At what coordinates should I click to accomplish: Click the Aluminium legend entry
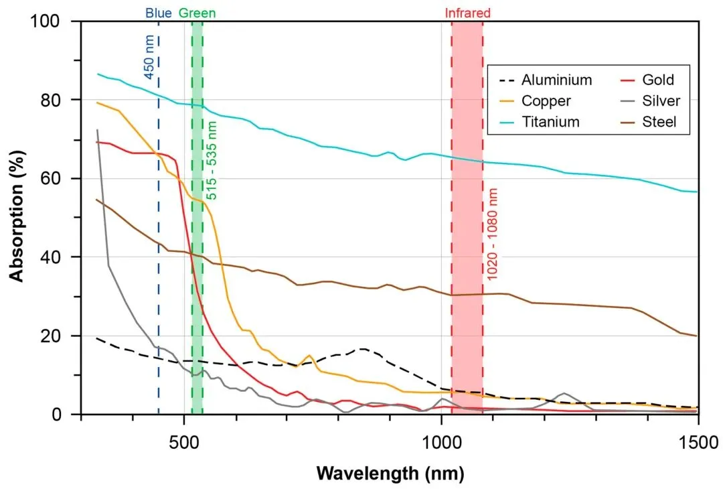tap(546, 80)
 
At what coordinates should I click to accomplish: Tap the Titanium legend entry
tap(539, 122)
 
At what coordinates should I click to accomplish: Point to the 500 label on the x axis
tap(184, 442)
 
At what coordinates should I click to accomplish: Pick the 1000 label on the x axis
tap(441, 442)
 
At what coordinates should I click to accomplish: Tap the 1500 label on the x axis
tap(698, 442)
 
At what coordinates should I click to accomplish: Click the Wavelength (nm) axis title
tap(390, 474)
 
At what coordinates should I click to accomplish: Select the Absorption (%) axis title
tap(17, 216)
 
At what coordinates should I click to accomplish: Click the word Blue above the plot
tap(159, 13)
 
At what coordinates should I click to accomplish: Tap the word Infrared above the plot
tap(467, 13)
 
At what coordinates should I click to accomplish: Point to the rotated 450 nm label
tap(149, 57)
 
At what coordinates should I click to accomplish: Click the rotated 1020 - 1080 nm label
tap(493, 234)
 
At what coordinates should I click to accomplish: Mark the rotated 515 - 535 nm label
tap(211, 161)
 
